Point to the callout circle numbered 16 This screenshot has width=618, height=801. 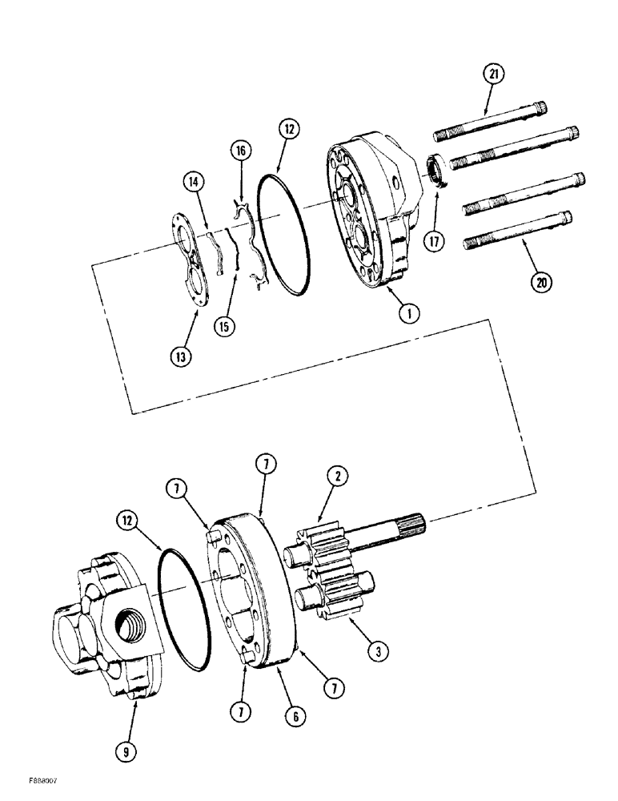tap(241, 151)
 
